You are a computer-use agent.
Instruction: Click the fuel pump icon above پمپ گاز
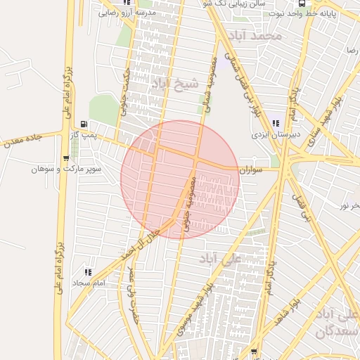tap(84, 123)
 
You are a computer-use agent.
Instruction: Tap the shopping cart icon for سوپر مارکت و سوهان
tap(65, 158)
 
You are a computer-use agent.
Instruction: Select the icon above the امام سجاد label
tap(88, 271)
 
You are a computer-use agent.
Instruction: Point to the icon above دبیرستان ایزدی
tap(273, 123)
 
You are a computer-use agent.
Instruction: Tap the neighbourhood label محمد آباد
tap(259, 35)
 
